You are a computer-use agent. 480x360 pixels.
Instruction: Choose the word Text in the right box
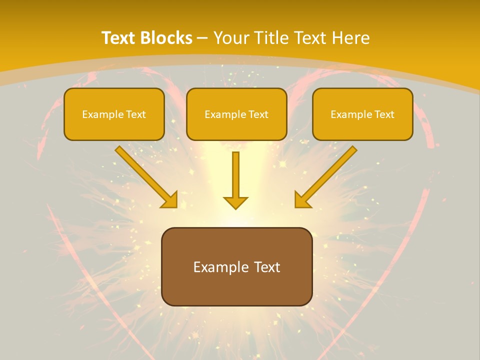point(384,114)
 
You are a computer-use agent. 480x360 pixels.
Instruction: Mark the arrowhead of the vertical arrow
point(235,202)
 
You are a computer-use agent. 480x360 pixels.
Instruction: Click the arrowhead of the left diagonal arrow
point(170,200)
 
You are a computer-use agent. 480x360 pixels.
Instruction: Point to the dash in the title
point(202,37)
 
